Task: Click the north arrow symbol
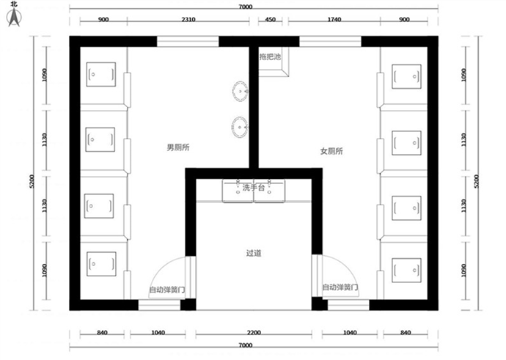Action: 14,17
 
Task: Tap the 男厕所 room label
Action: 178,147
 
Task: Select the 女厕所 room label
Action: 331,151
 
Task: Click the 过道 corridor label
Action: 254,253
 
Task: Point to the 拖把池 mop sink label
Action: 270,56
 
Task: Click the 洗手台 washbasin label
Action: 254,188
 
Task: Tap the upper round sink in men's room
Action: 240,92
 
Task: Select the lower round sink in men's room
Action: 240,127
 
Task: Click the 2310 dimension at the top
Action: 188,19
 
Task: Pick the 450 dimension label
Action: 270,19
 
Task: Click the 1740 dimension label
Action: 334,19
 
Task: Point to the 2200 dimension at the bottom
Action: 254,333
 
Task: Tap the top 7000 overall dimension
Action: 245,7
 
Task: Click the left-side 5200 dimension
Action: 32,181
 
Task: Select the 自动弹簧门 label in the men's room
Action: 167,290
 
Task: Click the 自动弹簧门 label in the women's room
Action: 340,287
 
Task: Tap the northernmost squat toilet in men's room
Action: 101,75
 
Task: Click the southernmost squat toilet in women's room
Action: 406,271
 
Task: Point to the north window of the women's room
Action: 330,42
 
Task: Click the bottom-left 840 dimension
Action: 102,333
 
